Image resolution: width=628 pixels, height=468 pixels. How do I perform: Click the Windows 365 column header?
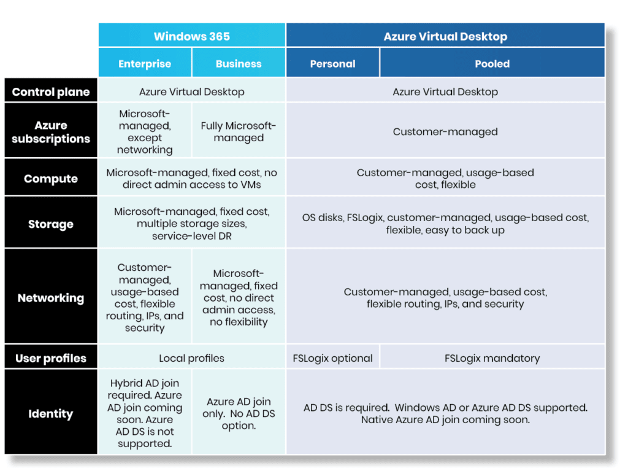[192, 36]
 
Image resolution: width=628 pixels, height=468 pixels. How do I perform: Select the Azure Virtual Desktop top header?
[445, 36]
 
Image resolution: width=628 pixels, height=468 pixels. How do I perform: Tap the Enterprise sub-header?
[145, 64]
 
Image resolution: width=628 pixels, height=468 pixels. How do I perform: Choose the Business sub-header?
[239, 64]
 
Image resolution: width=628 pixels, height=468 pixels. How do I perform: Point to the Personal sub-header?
[332, 64]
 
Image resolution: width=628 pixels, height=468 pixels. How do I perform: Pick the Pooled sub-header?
[492, 64]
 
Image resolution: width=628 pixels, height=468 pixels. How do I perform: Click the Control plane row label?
[51, 92]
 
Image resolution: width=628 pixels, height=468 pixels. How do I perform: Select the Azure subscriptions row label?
[51, 131]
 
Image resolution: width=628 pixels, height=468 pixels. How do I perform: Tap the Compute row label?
[51, 179]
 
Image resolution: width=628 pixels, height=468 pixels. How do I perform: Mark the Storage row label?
[51, 224]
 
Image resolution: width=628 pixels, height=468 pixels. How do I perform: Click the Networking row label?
[51, 298]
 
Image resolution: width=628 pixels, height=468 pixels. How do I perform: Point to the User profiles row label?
[51, 358]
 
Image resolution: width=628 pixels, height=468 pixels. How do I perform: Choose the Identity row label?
[51, 413]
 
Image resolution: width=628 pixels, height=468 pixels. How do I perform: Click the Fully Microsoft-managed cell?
[239, 131]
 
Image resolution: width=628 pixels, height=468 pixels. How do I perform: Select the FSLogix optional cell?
[332, 358]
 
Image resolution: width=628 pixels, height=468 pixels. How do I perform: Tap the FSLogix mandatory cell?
[492, 358]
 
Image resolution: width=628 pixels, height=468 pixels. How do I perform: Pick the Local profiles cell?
[192, 358]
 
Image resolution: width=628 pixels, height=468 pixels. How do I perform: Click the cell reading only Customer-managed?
[445, 131]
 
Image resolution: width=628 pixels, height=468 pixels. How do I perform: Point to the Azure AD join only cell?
[239, 413]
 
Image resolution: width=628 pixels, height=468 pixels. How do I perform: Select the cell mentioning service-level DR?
[192, 224]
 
